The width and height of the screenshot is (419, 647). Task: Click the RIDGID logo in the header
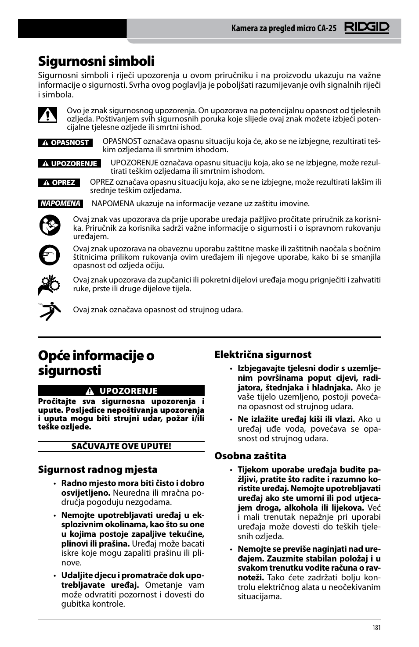(x=367, y=28)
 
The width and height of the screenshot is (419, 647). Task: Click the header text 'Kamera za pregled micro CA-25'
(x=284, y=29)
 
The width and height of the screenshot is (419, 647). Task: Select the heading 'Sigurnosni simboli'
(x=96, y=61)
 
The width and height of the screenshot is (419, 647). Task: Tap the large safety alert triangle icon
(x=47, y=115)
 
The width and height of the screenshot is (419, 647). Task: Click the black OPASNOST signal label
(x=65, y=143)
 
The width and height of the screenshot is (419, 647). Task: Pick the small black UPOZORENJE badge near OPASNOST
(x=69, y=164)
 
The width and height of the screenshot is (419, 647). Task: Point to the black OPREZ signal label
(x=59, y=182)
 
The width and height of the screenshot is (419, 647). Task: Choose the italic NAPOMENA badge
(x=60, y=203)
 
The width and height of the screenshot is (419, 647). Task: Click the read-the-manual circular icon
(x=49, y=225)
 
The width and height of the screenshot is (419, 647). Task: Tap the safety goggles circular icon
(x=49, y=255)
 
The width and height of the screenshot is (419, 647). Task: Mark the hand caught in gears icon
(x=49, y=285)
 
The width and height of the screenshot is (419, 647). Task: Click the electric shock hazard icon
(x=49, y=311)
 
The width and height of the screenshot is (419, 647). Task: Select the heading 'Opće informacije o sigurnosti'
(x=96, y=363)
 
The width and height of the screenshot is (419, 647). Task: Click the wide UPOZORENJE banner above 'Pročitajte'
(x=121, y=391)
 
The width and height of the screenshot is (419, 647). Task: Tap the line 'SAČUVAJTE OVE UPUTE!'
(x=121, y=447)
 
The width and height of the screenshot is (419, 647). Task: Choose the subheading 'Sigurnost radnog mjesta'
(x=98, y=469)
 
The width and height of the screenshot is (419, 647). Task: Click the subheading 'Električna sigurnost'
(x=263, y=354)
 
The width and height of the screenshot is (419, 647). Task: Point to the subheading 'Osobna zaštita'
(x=250, y=456)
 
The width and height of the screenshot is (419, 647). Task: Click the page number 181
(x=376, y=628)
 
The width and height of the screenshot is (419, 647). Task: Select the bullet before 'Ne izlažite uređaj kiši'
(x=231, y=420)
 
